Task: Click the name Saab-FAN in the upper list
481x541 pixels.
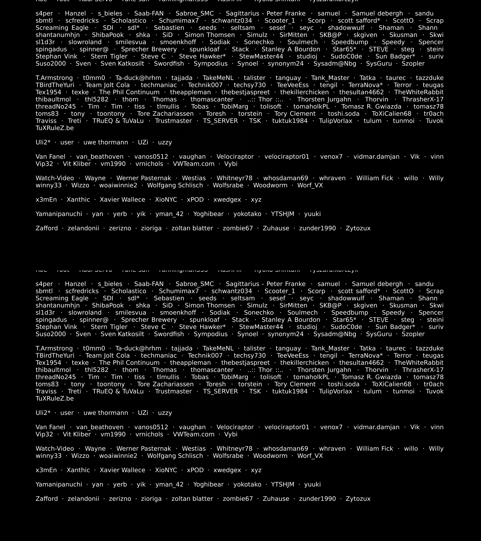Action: [149, 13]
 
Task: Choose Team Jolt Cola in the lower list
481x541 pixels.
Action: [108, 355]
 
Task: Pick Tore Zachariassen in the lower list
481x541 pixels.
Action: [165, 384]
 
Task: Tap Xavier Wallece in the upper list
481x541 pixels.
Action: [122, 200]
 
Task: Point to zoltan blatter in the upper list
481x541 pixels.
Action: [192, 228]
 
